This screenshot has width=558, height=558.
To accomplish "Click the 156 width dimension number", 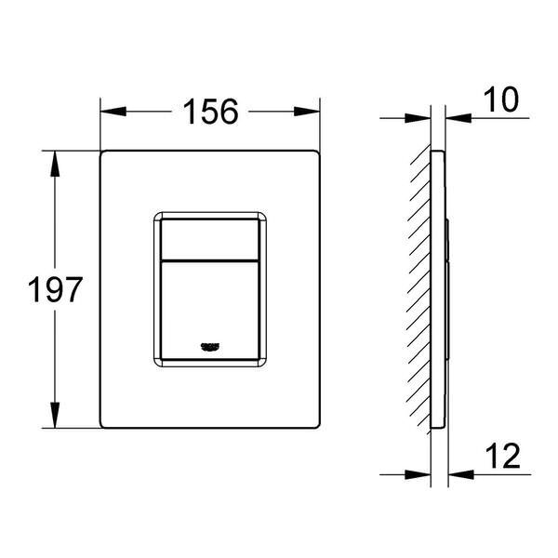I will pos(210,112).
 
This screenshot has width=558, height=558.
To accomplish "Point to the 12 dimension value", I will pos(500,457).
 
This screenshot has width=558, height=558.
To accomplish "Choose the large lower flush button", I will pos(210,307).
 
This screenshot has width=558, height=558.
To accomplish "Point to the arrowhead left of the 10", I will pos(458,117).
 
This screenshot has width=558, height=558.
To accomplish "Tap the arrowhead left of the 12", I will pos(459,473).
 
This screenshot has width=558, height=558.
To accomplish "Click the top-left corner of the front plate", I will pos(101,150).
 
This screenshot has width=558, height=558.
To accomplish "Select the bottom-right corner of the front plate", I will pos(320,427).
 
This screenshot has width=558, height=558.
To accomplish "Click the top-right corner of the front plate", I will pos(320,150).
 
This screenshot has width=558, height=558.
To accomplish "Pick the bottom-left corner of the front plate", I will pos(101,427).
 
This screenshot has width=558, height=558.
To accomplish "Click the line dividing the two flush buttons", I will pos(210,259).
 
